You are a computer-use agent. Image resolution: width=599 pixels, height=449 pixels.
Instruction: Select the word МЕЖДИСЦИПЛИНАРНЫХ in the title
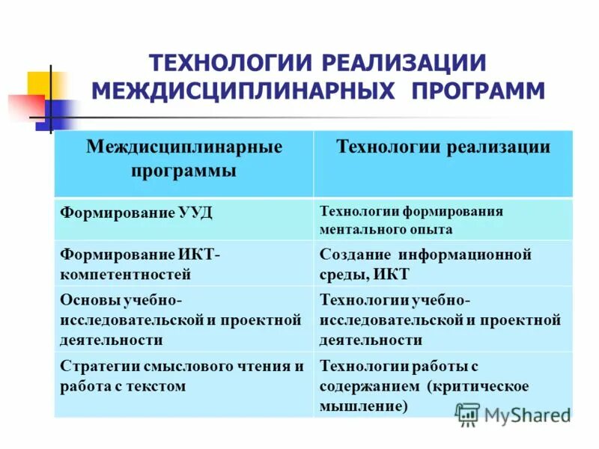243,91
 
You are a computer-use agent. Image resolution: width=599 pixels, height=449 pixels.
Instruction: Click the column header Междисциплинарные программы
184,159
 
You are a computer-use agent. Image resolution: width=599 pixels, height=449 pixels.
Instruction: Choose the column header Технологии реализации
443,147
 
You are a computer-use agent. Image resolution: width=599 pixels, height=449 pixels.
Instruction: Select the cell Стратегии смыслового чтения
181,376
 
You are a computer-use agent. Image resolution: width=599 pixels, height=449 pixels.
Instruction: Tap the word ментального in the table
358,228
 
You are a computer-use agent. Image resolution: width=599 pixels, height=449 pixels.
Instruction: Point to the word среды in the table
341,273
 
